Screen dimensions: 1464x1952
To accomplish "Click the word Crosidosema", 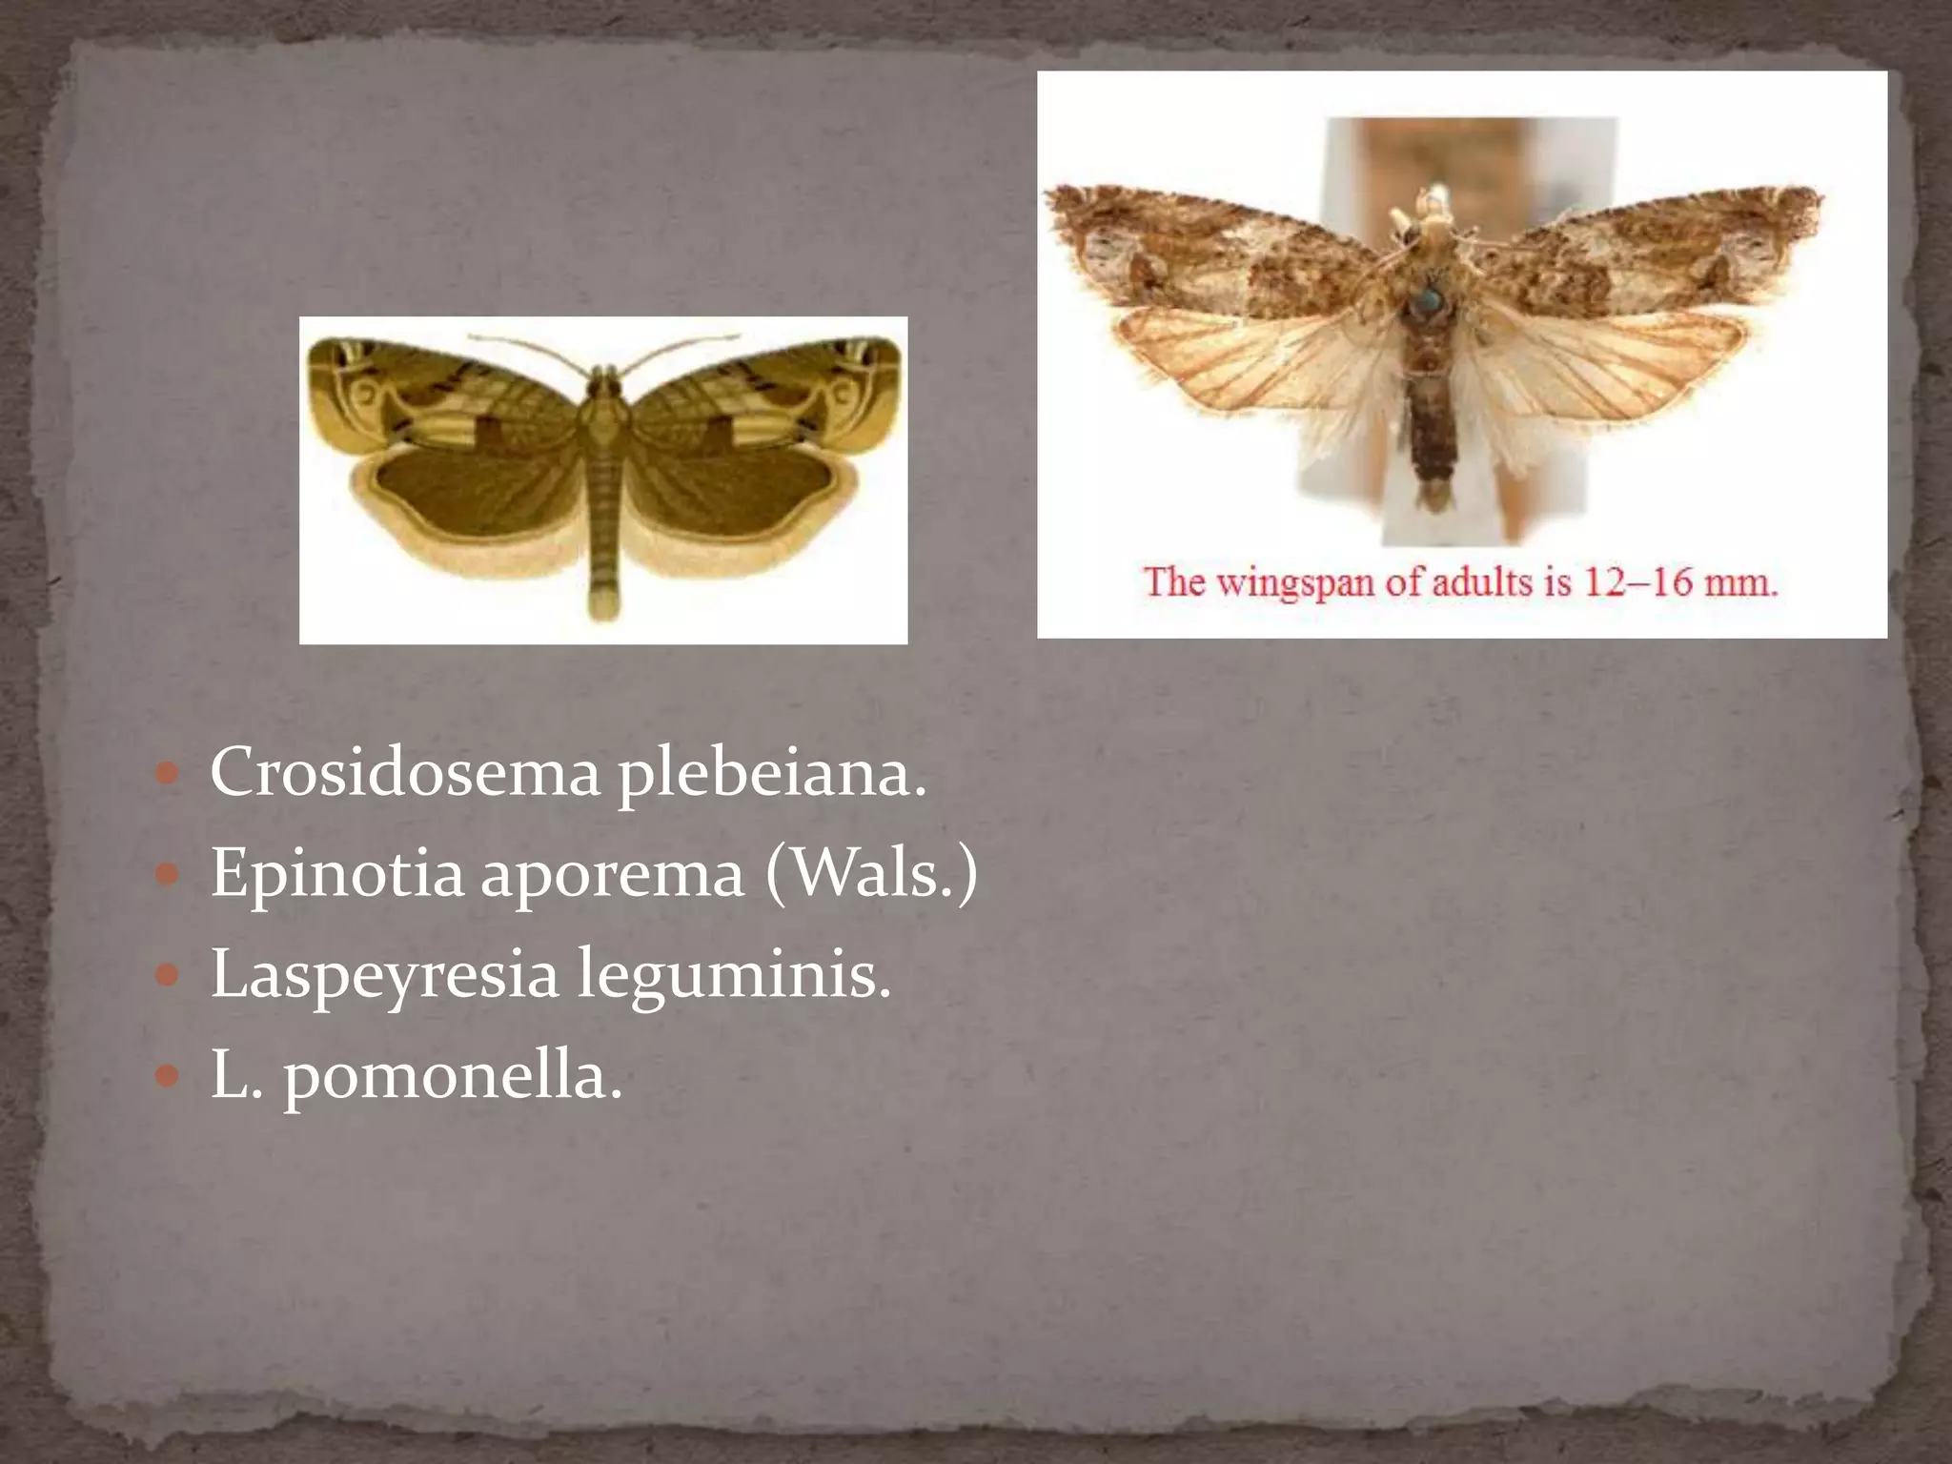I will (405, 772).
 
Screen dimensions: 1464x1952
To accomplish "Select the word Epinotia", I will (336, 873).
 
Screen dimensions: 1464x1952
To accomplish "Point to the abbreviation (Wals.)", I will (871, 873).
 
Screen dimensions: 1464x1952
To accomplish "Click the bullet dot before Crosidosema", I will (167, 773).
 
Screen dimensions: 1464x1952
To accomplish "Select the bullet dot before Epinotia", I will (167, 874).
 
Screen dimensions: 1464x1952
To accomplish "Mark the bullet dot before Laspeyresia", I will (167, 975).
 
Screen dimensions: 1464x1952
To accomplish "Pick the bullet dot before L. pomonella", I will (167, 1076).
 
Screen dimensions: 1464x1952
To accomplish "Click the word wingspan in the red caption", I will (1296, 581).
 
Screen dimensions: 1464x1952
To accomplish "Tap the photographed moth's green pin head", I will (1427, 302).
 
